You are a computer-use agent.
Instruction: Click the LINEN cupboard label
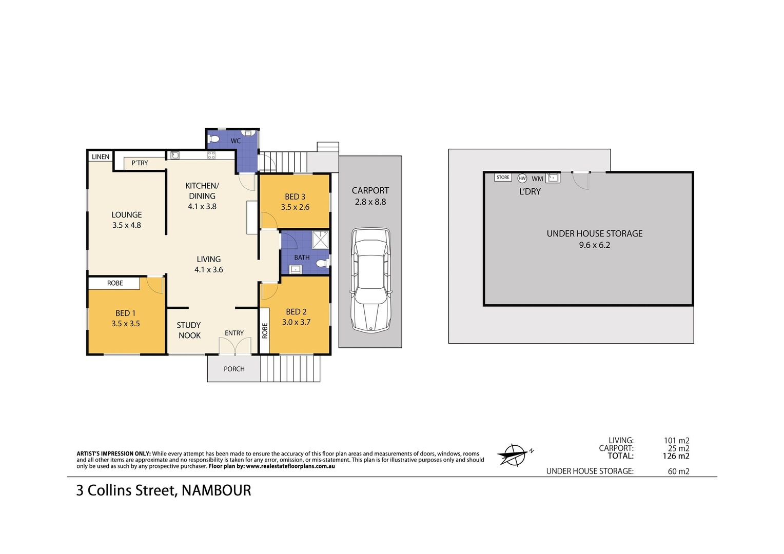click(x=101, y=157)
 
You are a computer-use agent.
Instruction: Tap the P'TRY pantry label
click(x=140, y=163)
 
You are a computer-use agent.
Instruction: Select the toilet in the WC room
click(x=213, y=139)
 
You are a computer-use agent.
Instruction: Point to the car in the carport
click(x=370, y=280)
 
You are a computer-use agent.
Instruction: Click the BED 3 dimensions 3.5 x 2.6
click(x=295, y=207)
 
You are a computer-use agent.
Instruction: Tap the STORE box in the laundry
click(x=503, y=177)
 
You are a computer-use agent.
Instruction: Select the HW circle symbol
click(x=522, y=178)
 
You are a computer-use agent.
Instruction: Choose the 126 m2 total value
click(x=676, y=456)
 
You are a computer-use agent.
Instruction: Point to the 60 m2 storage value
click(x=678, y=471)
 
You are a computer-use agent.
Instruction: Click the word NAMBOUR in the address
click(x=217, y=490)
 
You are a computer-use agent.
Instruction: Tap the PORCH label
click(x=234, y=369)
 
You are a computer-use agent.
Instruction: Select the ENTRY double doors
click(x=235, y=346)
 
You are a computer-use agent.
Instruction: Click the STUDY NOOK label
click(x=189, y=330)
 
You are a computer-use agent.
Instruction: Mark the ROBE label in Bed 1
click(x=115, y=283)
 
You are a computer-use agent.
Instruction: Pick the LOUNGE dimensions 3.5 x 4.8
click(x=127, y=225)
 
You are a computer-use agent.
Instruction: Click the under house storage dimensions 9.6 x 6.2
click(x=594, y=245)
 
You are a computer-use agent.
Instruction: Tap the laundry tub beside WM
click(x=553, y=178)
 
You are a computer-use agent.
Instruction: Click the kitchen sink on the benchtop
click(x=175, y=155)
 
